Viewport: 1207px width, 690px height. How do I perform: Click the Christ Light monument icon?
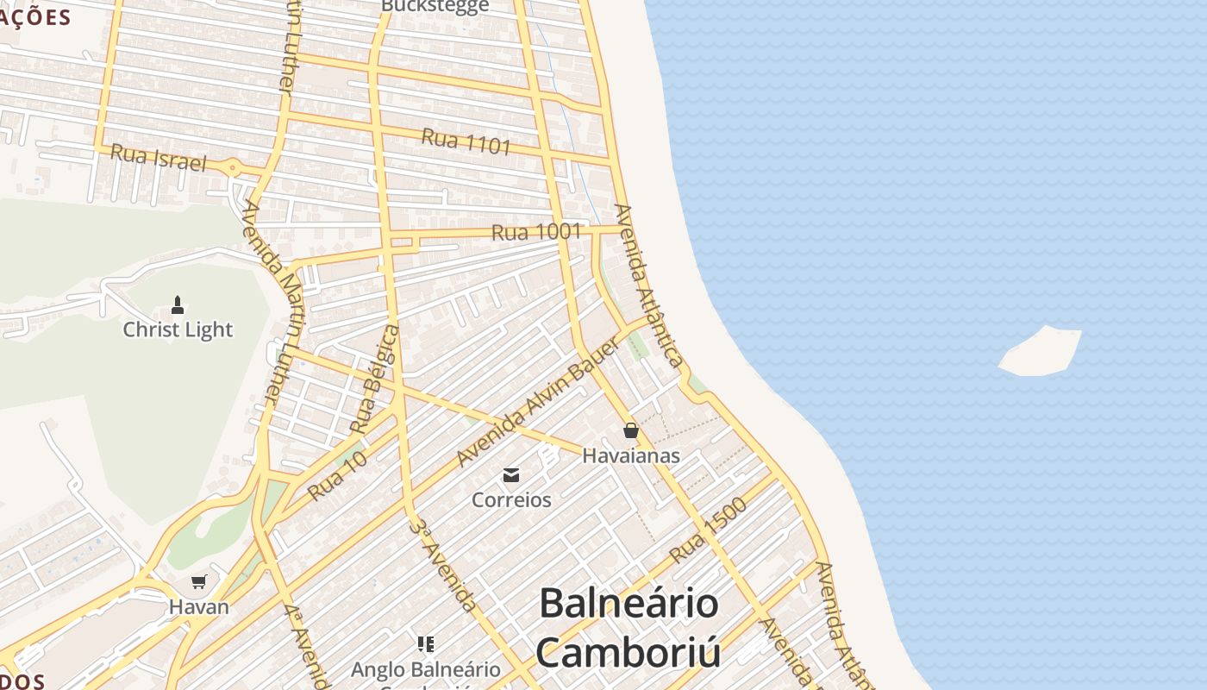178,304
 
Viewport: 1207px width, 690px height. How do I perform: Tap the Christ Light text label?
178,329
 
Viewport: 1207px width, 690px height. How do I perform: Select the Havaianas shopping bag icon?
631,430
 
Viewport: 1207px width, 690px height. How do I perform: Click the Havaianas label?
631,455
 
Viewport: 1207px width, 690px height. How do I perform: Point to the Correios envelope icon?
511,474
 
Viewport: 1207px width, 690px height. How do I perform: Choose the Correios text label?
511,499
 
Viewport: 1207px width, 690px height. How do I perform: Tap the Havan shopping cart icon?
199,582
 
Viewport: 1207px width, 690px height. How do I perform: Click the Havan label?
199,606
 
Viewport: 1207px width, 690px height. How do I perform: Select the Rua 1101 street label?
466,141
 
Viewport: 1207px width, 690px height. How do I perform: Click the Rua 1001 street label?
536,231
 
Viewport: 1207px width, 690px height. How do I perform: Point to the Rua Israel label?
159,158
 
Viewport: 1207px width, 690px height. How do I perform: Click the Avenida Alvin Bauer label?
538,403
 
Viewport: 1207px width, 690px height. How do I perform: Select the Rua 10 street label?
337,475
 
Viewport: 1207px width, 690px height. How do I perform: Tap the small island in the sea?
1041,352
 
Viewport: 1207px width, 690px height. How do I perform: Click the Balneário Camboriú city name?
629,627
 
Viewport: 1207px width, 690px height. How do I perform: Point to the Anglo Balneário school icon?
425,644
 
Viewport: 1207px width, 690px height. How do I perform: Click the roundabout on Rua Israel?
233,168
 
